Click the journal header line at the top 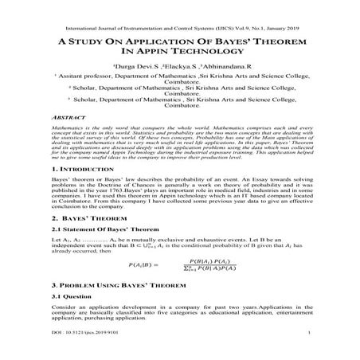tap(179, 12)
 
